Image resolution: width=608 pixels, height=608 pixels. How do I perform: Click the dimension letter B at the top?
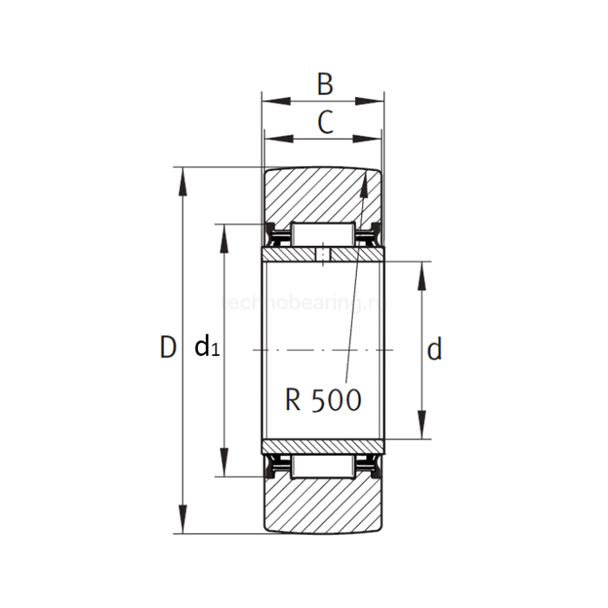[324, 84]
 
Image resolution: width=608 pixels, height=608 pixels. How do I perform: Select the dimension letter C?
[324, 122]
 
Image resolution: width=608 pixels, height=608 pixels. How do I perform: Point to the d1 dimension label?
[207, 348]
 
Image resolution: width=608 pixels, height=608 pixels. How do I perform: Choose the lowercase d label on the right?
[435, 349]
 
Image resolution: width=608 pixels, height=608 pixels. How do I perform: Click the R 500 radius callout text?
[323, 400]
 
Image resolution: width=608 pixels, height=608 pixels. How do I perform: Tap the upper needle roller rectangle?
[321, 234]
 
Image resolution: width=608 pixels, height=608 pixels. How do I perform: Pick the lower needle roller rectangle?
[321, 466]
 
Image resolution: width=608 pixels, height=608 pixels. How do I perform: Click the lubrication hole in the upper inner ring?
[323, 254]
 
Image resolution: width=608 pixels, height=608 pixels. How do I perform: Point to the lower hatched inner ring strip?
[322, 446]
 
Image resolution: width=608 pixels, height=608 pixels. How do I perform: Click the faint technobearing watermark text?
[304, 303]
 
